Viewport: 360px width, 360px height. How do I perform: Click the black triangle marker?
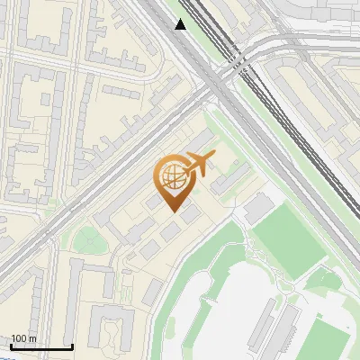(181, 24)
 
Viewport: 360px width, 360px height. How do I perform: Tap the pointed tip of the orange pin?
(174, 211)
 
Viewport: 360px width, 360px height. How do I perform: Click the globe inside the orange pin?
(172, 176)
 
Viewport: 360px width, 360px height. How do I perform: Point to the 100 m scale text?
(24, 338)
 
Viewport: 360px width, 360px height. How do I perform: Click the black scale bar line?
(41, 346)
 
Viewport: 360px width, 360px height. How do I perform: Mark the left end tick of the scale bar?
(11, 346)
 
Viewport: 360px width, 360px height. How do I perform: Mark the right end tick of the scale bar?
(73, 346)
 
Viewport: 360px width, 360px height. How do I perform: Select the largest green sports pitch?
(287, 238)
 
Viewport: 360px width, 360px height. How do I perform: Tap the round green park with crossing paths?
(87, 239)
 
